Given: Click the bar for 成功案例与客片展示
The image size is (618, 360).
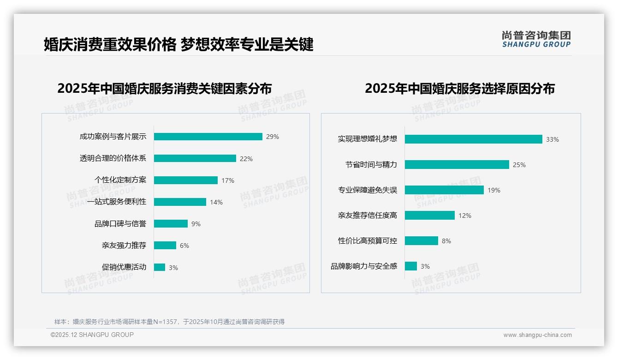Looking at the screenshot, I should coord(208,137).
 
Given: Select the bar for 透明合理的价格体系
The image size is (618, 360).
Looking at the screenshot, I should coord(195,158).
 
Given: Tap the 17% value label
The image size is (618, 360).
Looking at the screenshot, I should coord(228,180).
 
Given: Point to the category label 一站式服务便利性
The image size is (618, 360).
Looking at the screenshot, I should coord(117,202).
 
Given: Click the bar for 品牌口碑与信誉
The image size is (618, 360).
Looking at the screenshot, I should coord(171,224).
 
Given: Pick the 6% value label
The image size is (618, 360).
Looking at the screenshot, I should coord(184,246).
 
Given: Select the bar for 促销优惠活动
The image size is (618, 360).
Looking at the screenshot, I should coord(160,267).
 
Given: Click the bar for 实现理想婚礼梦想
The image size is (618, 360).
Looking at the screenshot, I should coord(473,139).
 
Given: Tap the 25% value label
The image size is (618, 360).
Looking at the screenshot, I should coord(519,165).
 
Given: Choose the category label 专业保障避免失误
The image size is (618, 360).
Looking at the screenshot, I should coord(368,190).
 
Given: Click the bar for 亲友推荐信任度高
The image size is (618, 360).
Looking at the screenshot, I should coord(430,216).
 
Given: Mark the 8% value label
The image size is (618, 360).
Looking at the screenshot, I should coord(446,241).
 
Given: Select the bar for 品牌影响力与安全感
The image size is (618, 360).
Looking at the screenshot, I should coord(411,266).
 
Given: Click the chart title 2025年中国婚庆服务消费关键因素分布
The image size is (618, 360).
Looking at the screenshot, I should coord(165,88).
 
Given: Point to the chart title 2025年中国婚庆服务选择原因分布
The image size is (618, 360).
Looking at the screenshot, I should coord(460,88).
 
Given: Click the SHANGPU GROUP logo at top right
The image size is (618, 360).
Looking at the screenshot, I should coord(536,39).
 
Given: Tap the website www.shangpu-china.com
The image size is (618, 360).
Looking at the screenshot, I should coord(537,335).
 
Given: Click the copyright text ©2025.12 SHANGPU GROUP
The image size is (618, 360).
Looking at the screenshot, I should coord(92,335).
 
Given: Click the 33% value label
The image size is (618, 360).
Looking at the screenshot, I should coord(553,139).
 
